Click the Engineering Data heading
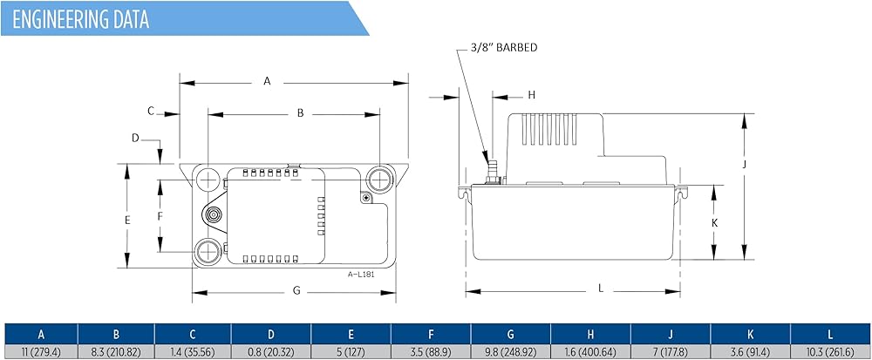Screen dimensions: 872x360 80,19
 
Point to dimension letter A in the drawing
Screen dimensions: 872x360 267,81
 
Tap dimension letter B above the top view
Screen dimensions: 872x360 300,112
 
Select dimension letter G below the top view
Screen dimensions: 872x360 296,290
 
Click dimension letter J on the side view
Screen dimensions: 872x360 744,165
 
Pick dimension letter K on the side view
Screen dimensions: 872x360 715,223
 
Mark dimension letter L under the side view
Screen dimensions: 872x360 601,289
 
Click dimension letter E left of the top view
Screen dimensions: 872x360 127,220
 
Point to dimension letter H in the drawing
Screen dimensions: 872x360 532,95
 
